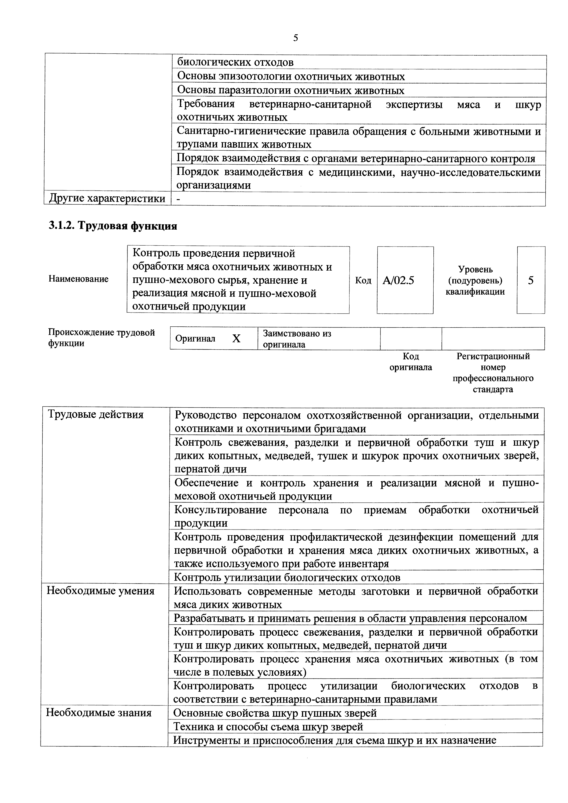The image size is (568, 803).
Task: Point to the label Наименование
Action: (78, 279)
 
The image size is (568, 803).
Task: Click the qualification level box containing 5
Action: (531, 280)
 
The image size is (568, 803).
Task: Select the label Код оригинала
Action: (411, 362)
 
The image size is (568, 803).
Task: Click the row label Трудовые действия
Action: (95, 415)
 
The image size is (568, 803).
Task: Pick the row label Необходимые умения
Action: (100, 591)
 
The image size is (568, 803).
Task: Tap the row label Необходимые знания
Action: (99, 713)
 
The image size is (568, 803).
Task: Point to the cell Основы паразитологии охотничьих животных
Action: (291, 91)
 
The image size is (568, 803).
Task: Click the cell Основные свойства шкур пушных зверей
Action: (275, 713)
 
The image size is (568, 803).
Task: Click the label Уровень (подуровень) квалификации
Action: (475, 280)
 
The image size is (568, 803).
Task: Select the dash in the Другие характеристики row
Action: (179, 199)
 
